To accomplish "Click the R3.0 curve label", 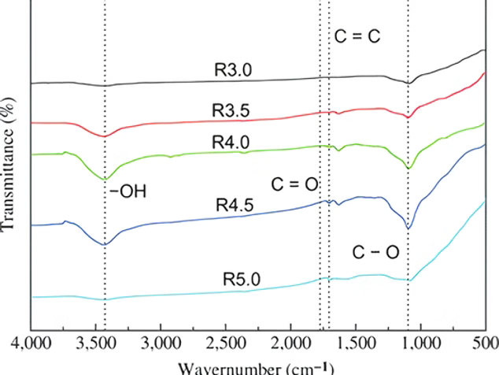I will pos(233,69).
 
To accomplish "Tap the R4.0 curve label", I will pos(231,141).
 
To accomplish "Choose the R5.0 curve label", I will pos(241,279).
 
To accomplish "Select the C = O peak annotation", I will pos(294,184).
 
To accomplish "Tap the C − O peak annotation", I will pos(375,252).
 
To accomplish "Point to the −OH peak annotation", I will pos(128,191).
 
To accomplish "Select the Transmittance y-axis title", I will pos(9,165).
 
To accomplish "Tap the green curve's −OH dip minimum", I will pos(104,179).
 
